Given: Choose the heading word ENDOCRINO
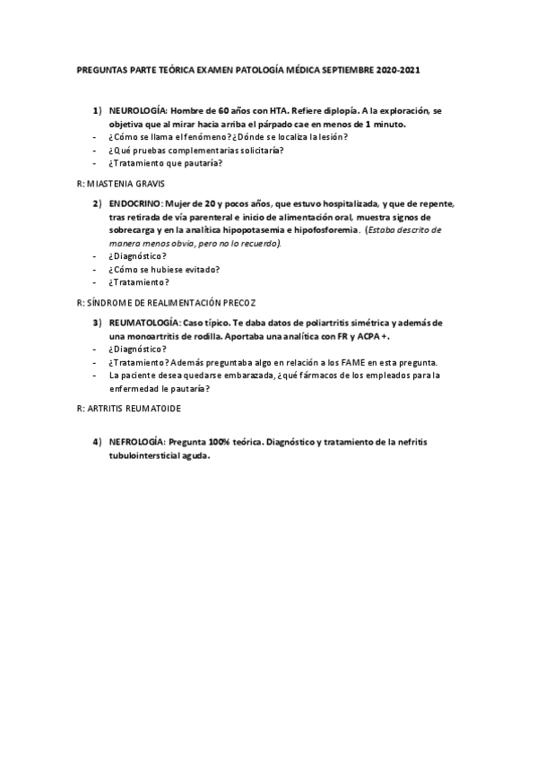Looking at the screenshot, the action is pos(134,203).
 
